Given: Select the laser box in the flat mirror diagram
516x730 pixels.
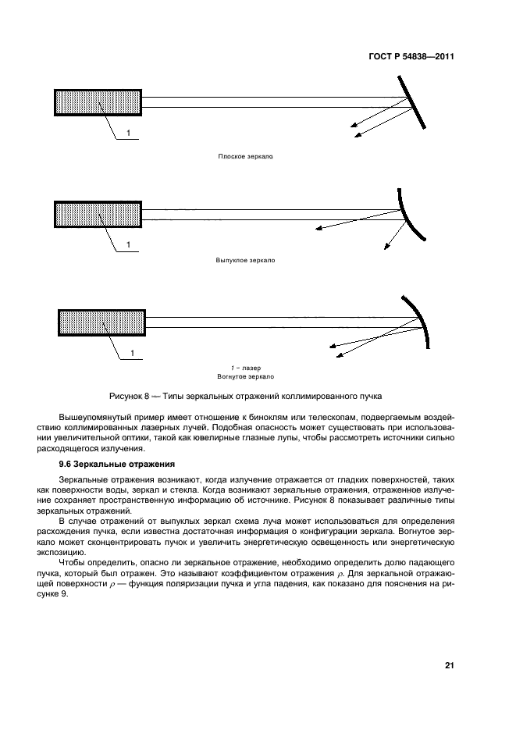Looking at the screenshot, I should coord(98,102).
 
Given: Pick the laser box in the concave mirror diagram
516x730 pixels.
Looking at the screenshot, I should coord(101,322).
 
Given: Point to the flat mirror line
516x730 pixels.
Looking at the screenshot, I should coord(411,100).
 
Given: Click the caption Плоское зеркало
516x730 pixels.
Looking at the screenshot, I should coord(245,156).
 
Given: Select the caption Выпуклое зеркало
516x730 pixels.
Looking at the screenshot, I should coord(245,261).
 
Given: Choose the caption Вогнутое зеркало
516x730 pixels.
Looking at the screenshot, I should coord(245,376).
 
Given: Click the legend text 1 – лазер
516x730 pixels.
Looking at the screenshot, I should coord(245,367).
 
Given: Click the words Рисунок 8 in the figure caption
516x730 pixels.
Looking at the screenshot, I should coord(133,396).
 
